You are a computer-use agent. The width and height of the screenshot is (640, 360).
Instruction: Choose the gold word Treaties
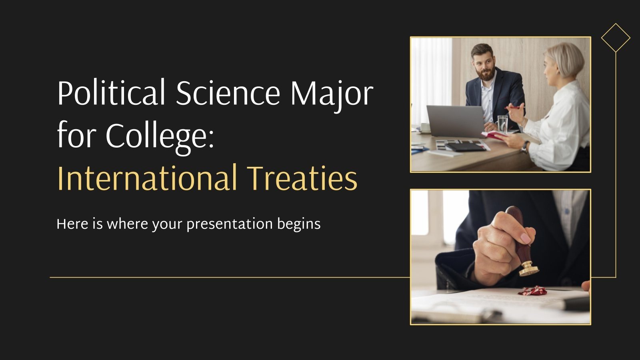pyautogui.click(x=302, y=178)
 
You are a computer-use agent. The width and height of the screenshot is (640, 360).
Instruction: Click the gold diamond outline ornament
pyautogui.click(x=616, y=38)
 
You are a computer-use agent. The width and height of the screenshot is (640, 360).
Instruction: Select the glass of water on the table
pyautogui.click(x=502, y=124)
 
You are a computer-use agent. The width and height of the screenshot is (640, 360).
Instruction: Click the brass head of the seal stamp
pyautogui.click(x=528, y=270)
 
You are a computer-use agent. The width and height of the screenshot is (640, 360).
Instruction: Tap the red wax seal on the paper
pyautogui.click(x=532, y=291)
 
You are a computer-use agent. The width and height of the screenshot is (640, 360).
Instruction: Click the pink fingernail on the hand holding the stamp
pyautogui.click(x=525, y=239)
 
